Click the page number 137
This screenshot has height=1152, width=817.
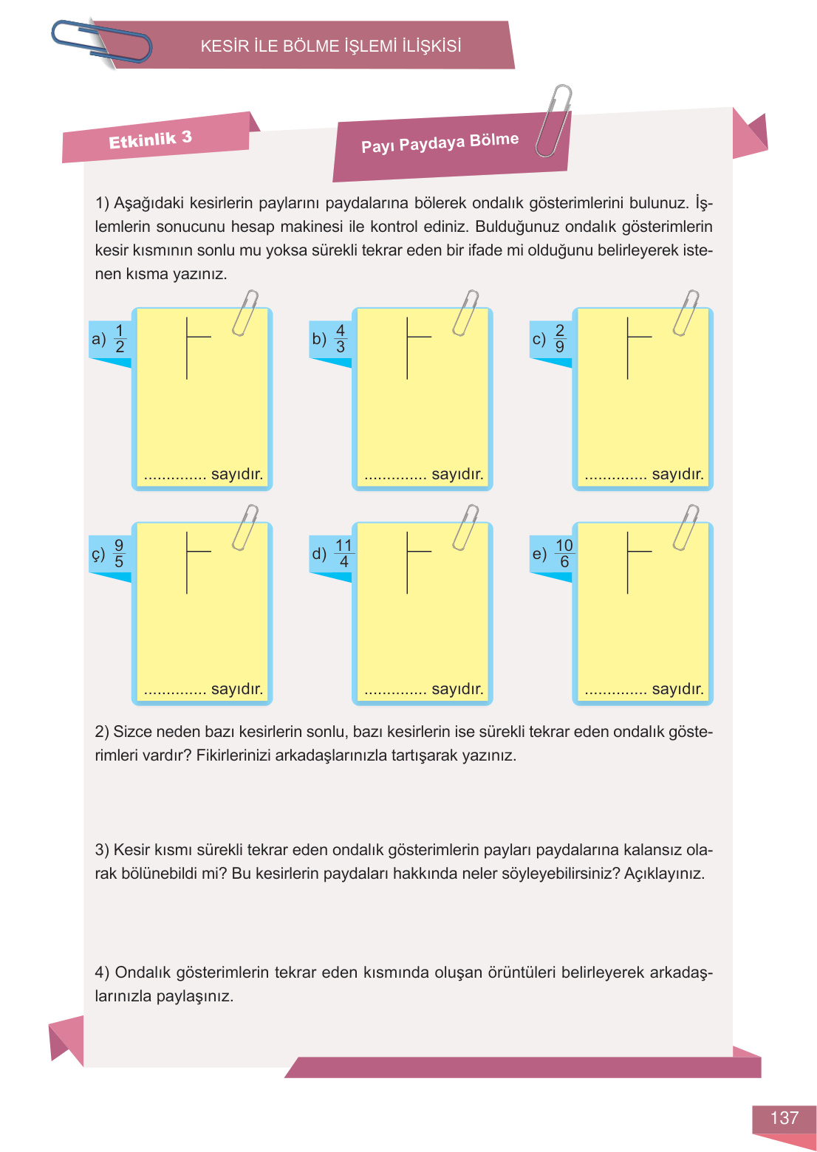click(784, 1118)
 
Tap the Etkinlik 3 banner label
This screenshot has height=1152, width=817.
click(150, 139)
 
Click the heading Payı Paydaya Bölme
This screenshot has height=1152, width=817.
click(440, 143)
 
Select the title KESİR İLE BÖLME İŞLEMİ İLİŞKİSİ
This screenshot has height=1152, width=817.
click(331, 46)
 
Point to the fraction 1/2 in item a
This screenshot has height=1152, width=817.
click(120, 338)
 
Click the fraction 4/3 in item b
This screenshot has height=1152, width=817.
click(340, 338)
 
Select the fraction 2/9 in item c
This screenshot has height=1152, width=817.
click(559, 338)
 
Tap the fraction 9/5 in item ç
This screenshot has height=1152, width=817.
click(119, 553)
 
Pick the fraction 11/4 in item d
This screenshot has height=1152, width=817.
click(343, 553)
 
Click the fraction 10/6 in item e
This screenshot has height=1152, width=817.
click(564, 553)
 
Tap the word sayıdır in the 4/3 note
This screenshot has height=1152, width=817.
click(457, 474)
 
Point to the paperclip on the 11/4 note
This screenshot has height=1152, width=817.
click(465, 527)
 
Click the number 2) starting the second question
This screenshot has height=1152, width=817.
click(102, 732)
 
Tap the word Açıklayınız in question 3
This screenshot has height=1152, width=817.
click(664, 874)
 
